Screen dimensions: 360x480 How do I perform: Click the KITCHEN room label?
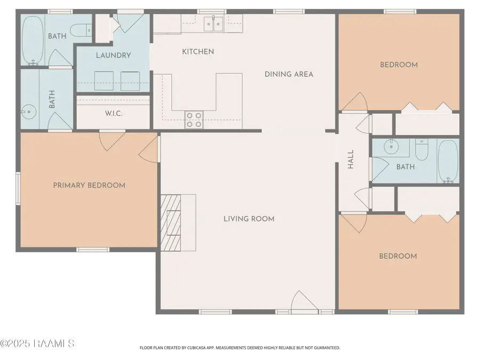coord(198,52)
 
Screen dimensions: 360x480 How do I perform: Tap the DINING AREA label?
coord(289,74)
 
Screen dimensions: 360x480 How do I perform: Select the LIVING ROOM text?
coord(249,219)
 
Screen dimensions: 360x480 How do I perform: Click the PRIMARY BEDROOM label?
coord(89,185)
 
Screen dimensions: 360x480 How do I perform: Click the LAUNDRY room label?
coord(113,55)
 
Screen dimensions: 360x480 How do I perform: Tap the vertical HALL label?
coord(351,159)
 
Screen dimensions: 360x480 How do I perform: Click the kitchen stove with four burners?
coord(194,119)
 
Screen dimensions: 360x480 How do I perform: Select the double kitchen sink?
coord(214,23)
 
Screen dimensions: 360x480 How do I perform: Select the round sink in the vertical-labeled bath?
coord(27,111)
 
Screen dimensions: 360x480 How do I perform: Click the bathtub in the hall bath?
coord(447,161)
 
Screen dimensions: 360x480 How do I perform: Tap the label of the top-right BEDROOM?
coord(398,65)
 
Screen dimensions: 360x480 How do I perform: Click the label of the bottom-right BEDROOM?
coord(398,256)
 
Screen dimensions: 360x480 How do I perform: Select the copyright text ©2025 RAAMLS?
coord(37,343)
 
